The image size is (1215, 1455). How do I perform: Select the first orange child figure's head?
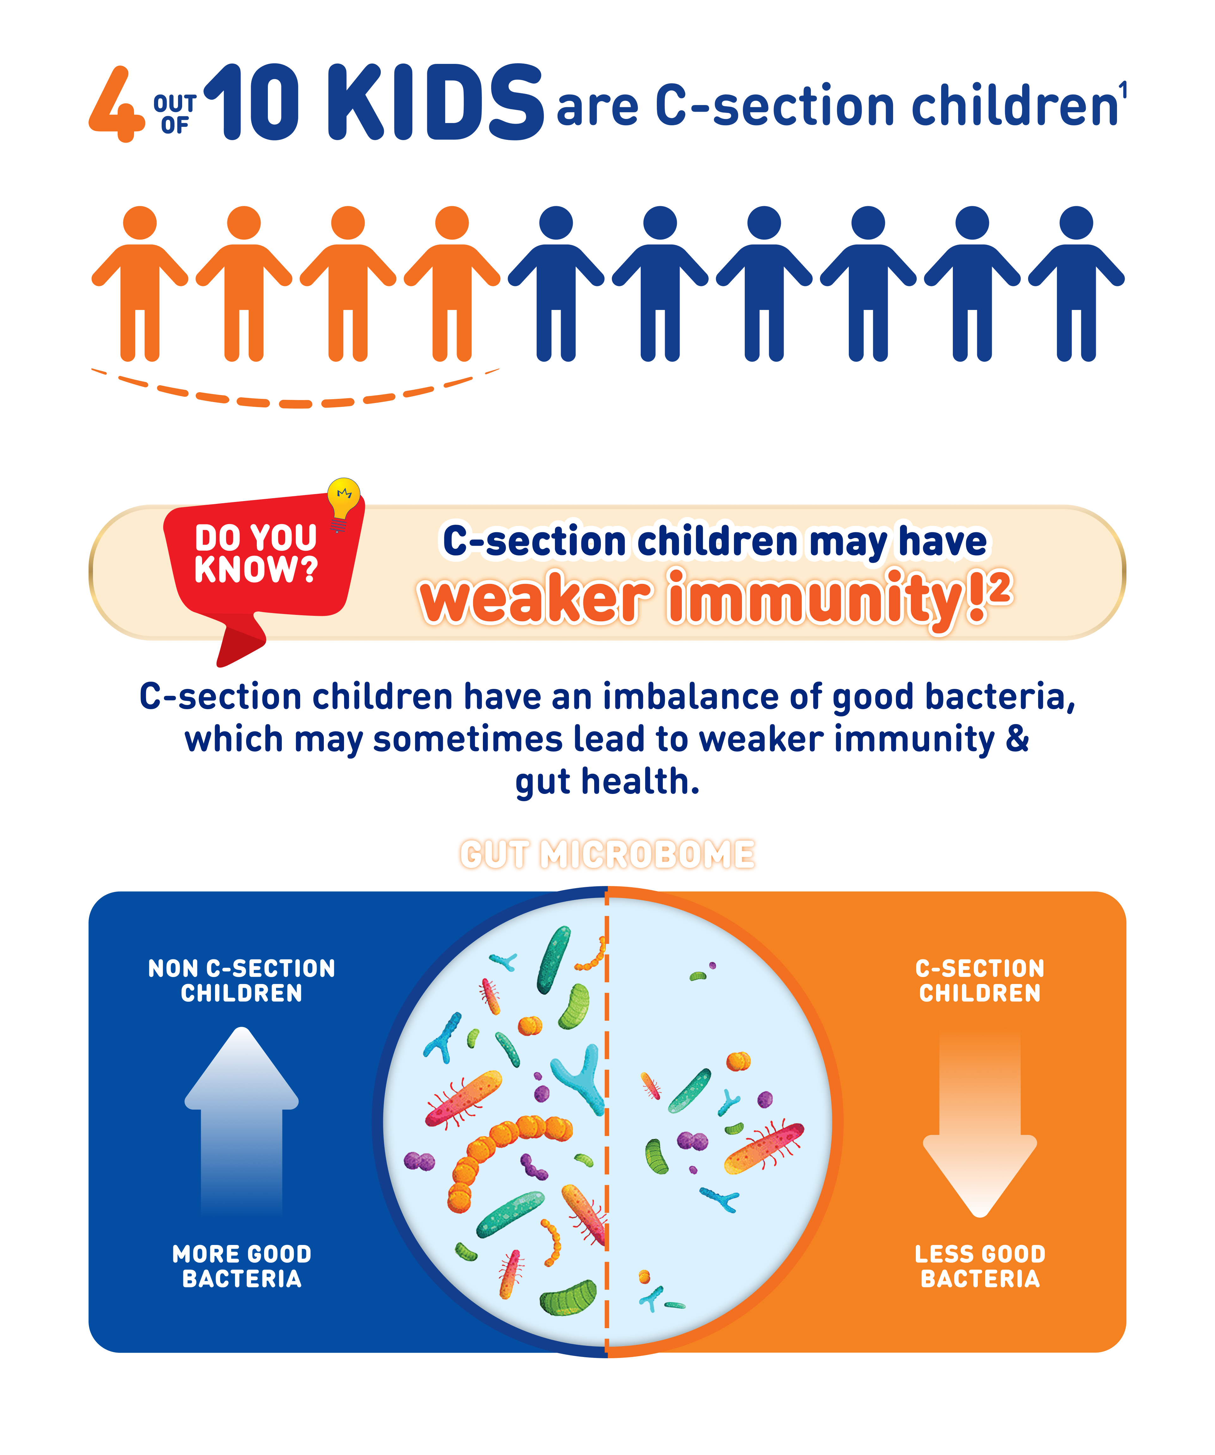click(x=140, y=223)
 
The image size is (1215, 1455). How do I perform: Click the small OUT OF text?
click(x=175, y=114)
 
